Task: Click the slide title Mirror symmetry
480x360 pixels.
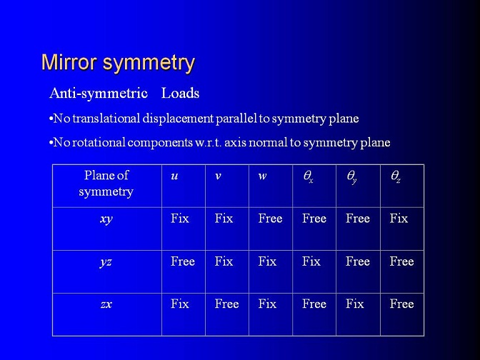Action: (x=118, y=64)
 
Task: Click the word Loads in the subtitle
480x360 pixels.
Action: (x=180, y=93)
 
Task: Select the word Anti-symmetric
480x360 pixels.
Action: (x=99, y=94)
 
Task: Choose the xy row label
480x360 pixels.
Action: (x=106, y=219)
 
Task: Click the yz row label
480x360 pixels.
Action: (x=106, y=262)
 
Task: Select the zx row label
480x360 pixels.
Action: (x=106, y=304)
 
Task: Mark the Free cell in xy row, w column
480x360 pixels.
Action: (x=270, y=219)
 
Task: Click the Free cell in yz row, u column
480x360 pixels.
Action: (x=183, y=261)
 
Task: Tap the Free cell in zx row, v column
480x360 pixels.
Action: (x=226, y=304)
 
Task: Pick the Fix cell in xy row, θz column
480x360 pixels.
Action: (x=399, y=219)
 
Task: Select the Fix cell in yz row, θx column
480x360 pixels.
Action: (x=311, y=261)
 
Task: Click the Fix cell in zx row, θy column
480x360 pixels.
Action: (x=355, y=304)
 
